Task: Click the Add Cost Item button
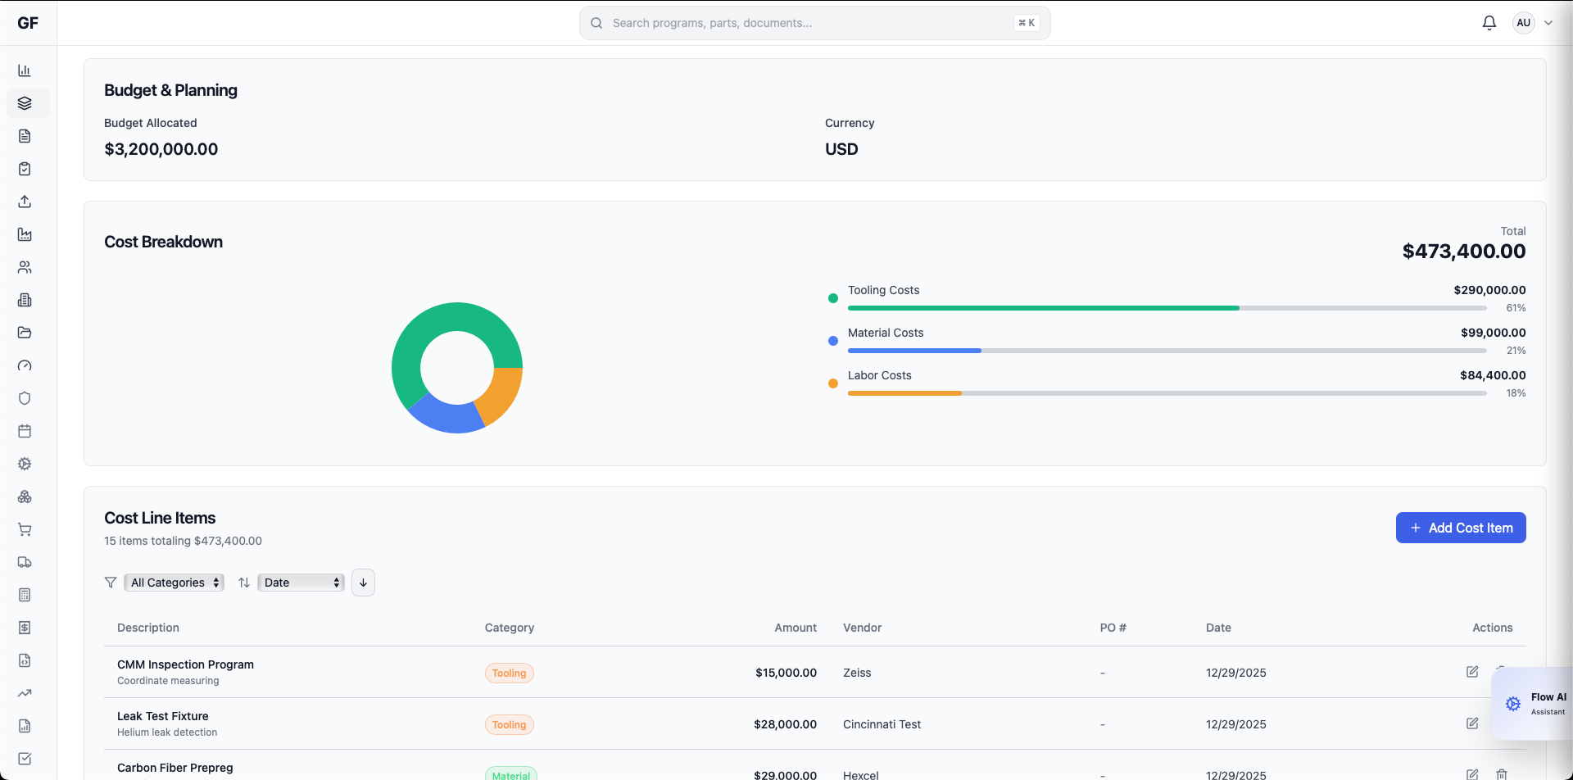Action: click(1460, 528)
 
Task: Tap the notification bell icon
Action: click(1489, 23)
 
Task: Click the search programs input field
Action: click(811, 23)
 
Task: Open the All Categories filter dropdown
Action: click(174, 583)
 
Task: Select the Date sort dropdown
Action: click(301, 583)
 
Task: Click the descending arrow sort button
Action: click(363, 583)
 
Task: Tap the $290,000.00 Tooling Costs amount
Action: click(1489, 290)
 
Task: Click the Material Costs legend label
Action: click(885, 333)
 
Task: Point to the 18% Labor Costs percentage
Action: click(1515, 393)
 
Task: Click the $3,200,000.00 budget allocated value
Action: click(161, 149)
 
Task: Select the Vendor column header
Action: click(862, 628)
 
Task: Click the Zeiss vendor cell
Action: click(857, 673)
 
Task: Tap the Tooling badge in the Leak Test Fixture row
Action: click(509, 724)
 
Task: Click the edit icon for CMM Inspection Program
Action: click(1471, 672)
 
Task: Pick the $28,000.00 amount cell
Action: click(785, 724)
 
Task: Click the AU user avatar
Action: click(1523, 23)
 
